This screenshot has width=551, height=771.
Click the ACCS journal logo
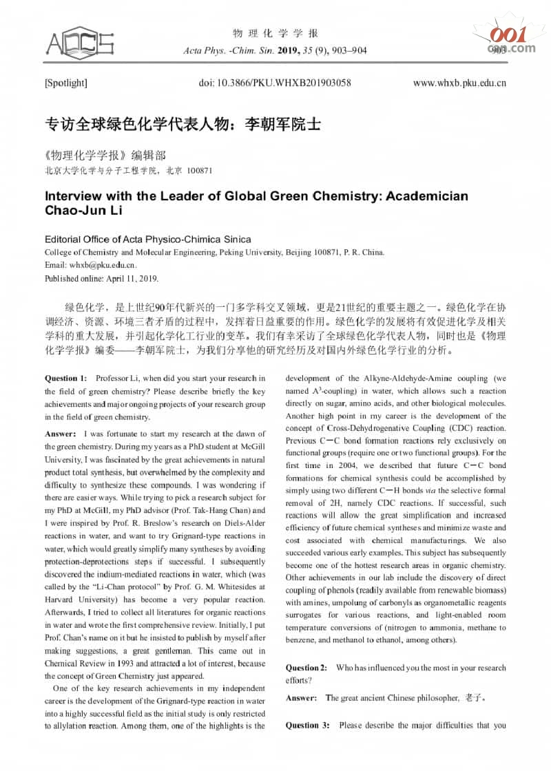(x=79, y=43)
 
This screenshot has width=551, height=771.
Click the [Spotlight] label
(x=65, y=83)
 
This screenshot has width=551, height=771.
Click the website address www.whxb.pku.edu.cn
(x=459, y=83)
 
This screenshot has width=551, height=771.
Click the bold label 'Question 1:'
(x=66, y=378)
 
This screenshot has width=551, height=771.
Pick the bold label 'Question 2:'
(x=306, y=668)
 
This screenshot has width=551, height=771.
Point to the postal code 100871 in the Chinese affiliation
(x=200, y=170)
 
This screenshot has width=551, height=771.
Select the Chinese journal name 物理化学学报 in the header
(x=275, y=34)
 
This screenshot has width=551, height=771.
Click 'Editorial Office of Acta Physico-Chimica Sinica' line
(x=147, y=240)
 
